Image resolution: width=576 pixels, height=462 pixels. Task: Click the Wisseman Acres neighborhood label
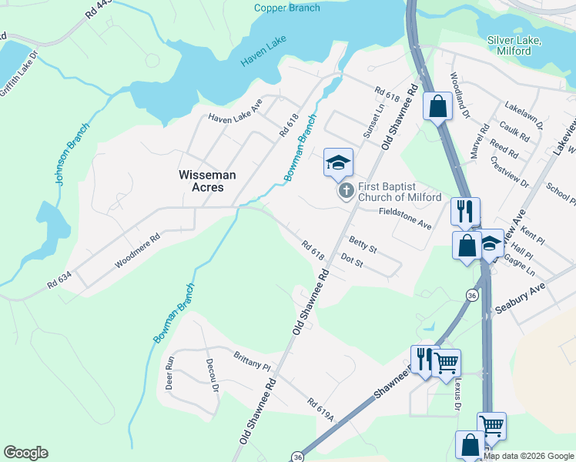click(207, 181)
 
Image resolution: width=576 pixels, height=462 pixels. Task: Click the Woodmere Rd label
click(137, 251)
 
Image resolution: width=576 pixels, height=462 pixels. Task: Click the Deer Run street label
click(171, 373)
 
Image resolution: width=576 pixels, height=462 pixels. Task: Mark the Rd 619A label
click(320, 408)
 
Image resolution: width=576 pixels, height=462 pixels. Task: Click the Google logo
click(25, 453)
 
